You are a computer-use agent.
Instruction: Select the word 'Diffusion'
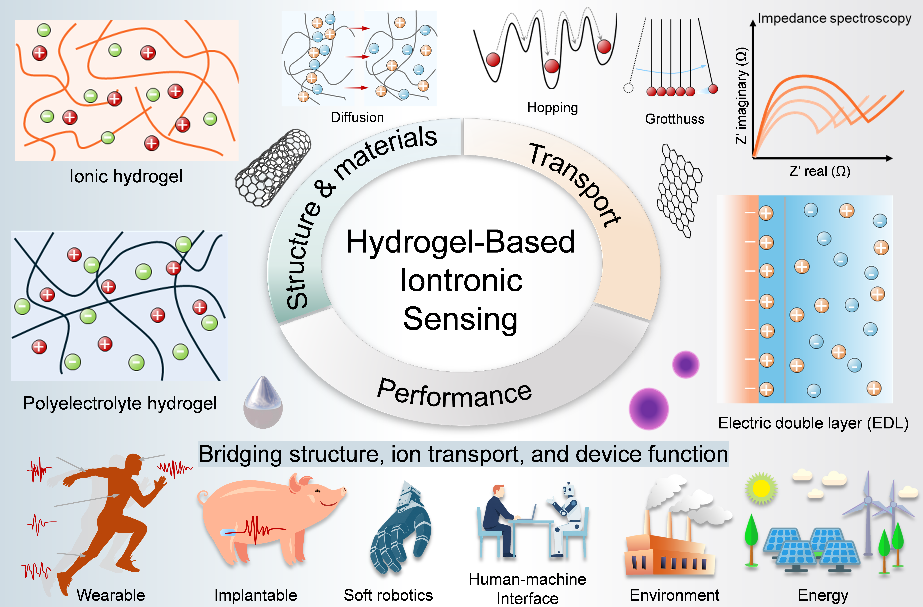tap(357, 117)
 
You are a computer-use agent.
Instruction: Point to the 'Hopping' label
tap(552, 107)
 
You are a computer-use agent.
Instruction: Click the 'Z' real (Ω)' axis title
tap(819, 171)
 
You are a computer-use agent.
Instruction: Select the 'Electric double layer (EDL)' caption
tap(813, 423)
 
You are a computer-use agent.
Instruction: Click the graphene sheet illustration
tap(679, 190)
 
